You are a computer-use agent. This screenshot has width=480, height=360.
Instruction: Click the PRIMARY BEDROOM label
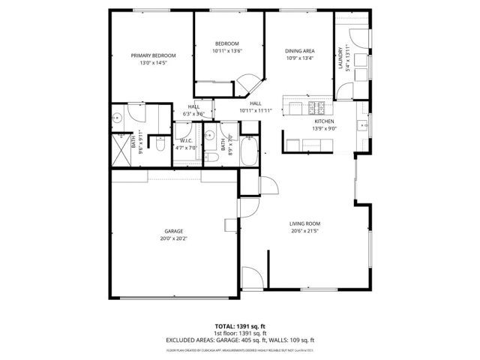(x=153, y=55)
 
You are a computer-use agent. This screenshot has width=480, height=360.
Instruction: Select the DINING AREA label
(x=299, y=51)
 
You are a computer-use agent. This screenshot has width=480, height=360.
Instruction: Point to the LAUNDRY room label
(x=340, y=58)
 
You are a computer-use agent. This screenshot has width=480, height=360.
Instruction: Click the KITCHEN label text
(x=323, y=121)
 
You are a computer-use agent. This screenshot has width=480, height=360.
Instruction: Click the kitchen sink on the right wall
(x=361, y=124)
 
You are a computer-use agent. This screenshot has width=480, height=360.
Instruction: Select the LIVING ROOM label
(x=305, y=223)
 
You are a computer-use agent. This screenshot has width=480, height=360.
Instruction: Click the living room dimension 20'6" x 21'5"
(x=305, y=230)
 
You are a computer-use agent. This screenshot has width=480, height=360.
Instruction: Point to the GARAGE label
(x=174, y=231)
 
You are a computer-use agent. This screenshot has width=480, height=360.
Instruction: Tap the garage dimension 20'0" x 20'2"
(x=174, y=238)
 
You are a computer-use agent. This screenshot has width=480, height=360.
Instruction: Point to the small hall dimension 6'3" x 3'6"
(x=193, y=113)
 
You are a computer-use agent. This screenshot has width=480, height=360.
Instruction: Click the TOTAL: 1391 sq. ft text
(x=240, y=327)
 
